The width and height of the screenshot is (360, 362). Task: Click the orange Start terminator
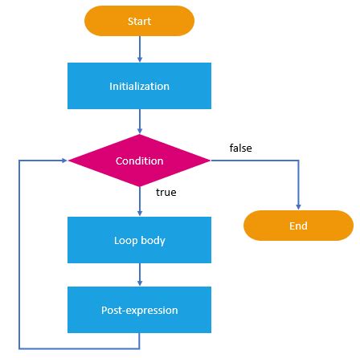coord(140,22)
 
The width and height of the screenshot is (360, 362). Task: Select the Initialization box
coord(140,85)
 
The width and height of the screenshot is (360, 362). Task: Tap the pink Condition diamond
coord(140,161)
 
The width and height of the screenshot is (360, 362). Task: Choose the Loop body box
coord(140,239)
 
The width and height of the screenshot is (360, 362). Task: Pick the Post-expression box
coord(140,310)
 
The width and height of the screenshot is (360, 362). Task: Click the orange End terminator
coord(298,226)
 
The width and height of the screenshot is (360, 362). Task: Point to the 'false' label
coord(240,148)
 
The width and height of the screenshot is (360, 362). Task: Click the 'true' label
coord(166,193)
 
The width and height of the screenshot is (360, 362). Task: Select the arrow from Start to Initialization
coord(140,49)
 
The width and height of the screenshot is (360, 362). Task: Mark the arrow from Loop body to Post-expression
coord(140,275)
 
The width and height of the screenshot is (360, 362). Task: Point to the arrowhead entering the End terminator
coord(298,207)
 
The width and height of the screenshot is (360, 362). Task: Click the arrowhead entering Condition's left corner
coord(64,161)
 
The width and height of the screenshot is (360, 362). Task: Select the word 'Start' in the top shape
coord(140,22)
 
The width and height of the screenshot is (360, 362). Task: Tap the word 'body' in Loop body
coord(153,239)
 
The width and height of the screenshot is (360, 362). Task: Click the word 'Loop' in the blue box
coord(126,239)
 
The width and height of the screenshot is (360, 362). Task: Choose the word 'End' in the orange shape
coord(298,226)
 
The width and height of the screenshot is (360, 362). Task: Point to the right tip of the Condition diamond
coord(210,161)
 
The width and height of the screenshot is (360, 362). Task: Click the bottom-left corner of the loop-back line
coord(18,348)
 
